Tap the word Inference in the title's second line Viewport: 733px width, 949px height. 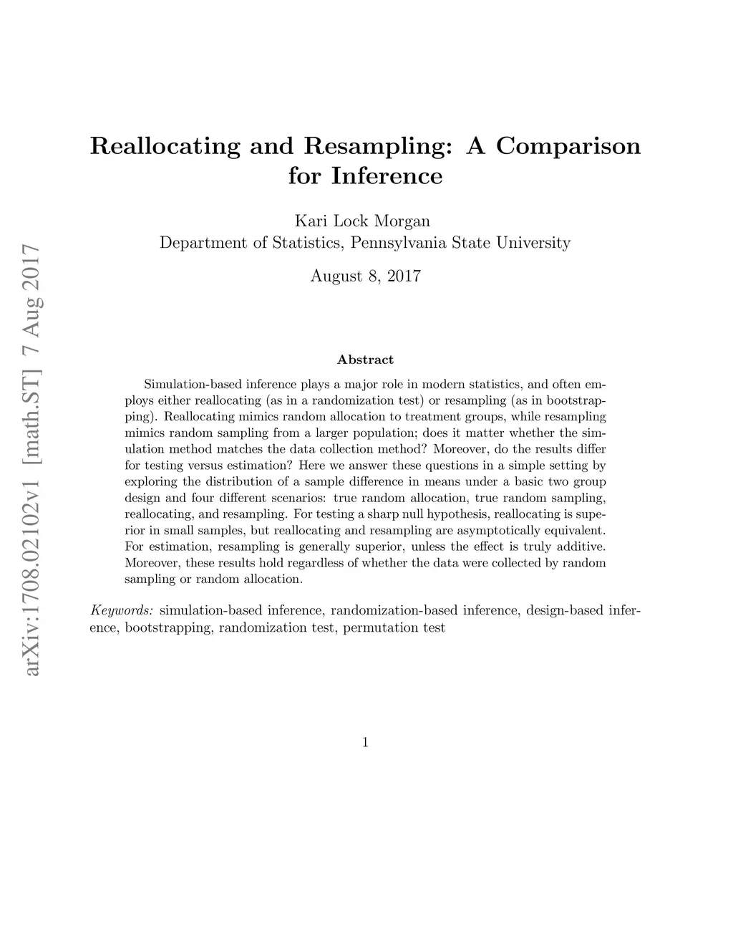pos(387,176)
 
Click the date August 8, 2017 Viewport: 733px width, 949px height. pos(365,276)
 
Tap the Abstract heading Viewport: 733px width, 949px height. pos(365,360)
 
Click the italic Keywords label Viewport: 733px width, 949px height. pos(122,611)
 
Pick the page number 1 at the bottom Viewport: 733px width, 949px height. pos(365,743)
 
